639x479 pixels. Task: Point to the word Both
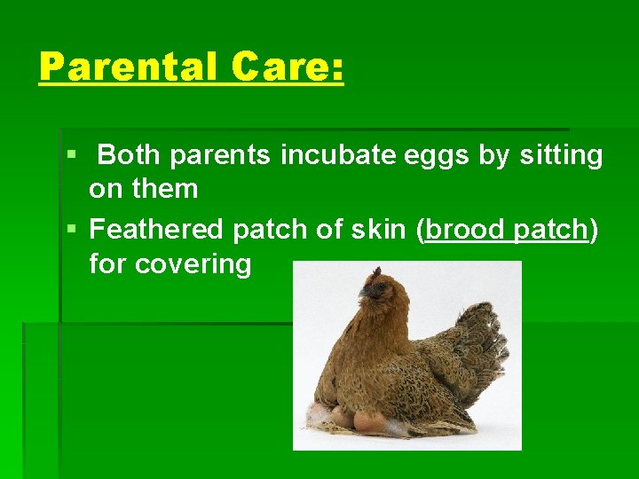click(x=130, y=155)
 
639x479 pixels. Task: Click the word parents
click(x=221, y=155)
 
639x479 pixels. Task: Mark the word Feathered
click(x=157, y=230)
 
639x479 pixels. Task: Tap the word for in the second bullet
click(x=107, y=263)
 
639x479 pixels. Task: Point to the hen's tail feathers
click(x=484, y=342)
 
